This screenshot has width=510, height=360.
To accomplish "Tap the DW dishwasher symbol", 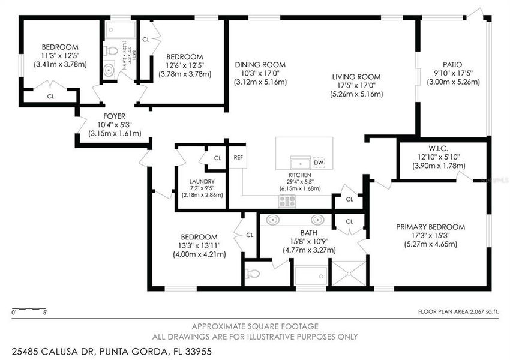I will click(x=319, y=163).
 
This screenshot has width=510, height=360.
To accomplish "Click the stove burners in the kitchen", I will click(x=287, y=201).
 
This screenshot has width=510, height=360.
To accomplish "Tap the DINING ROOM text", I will click(x=260, y=65).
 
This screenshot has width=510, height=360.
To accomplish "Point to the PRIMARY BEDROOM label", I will click(x=430, y=227).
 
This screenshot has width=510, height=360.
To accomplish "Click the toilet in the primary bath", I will click(x=253, y=274).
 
